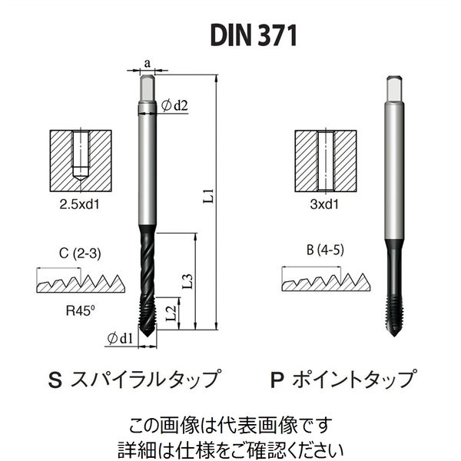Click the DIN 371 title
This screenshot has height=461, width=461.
coord(254,35)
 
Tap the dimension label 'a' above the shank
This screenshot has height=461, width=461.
coord(148,63)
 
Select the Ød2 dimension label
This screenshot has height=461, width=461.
coord(174,105)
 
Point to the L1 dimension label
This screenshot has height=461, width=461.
coord(208,196)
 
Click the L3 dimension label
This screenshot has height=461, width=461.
coord(187,281)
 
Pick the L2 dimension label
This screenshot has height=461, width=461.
coord(171,313)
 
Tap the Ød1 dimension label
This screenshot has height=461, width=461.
coord(120,339)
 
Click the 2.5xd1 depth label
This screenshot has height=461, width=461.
coord(79,204)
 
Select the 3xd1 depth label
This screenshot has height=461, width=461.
coord(324,204)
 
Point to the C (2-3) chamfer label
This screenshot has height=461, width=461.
coord(80,254)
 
